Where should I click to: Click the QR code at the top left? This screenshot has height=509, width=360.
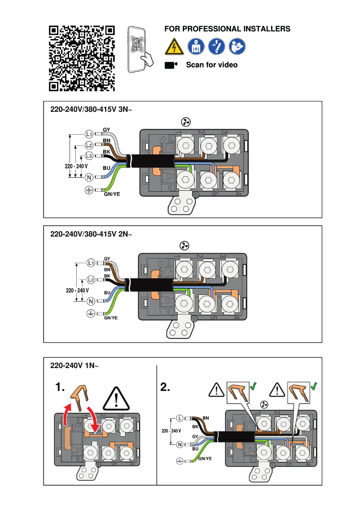(82, 58)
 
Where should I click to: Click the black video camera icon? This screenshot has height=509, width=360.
(171, 65)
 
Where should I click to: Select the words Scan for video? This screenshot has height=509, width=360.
(212, 65)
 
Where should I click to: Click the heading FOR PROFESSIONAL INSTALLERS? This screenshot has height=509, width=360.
(227, 29)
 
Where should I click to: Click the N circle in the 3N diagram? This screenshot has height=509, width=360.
(89, 177)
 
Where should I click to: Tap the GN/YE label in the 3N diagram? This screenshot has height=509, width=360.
(112, 194)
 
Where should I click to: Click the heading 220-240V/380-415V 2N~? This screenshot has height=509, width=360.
(92, 234)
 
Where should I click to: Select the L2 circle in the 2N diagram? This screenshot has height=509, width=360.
(91, 280)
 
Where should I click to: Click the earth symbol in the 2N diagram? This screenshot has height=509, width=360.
(90, 312)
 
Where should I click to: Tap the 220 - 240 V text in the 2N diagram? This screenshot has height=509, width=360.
(78, 290)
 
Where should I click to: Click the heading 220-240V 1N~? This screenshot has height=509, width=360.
(74, 366)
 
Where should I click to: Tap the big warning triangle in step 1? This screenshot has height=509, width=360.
(116, 397)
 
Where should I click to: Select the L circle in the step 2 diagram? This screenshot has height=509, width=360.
(180, 418)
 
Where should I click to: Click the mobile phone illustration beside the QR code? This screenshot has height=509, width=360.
(139, 49)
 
